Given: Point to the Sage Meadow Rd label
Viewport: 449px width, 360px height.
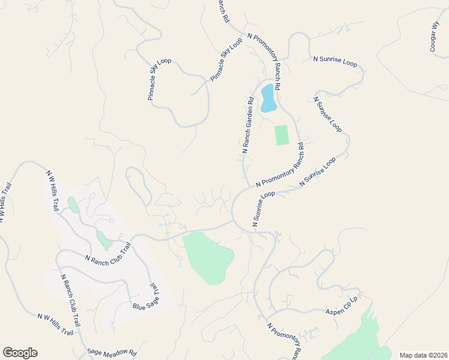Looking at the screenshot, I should coord(112,353).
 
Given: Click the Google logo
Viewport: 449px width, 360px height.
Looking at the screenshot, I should coord(20,353).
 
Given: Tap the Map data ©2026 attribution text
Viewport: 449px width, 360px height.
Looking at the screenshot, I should coord(423,355).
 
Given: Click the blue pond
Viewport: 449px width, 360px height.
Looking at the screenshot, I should coord(268,98).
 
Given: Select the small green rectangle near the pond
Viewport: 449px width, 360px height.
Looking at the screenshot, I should coord(282,135).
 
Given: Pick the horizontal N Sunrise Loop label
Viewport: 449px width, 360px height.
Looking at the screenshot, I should coord(335,62).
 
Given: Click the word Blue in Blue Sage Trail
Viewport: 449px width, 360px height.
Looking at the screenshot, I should coord(139,306).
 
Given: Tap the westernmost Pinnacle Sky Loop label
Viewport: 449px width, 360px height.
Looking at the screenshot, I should coord(160,79).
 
